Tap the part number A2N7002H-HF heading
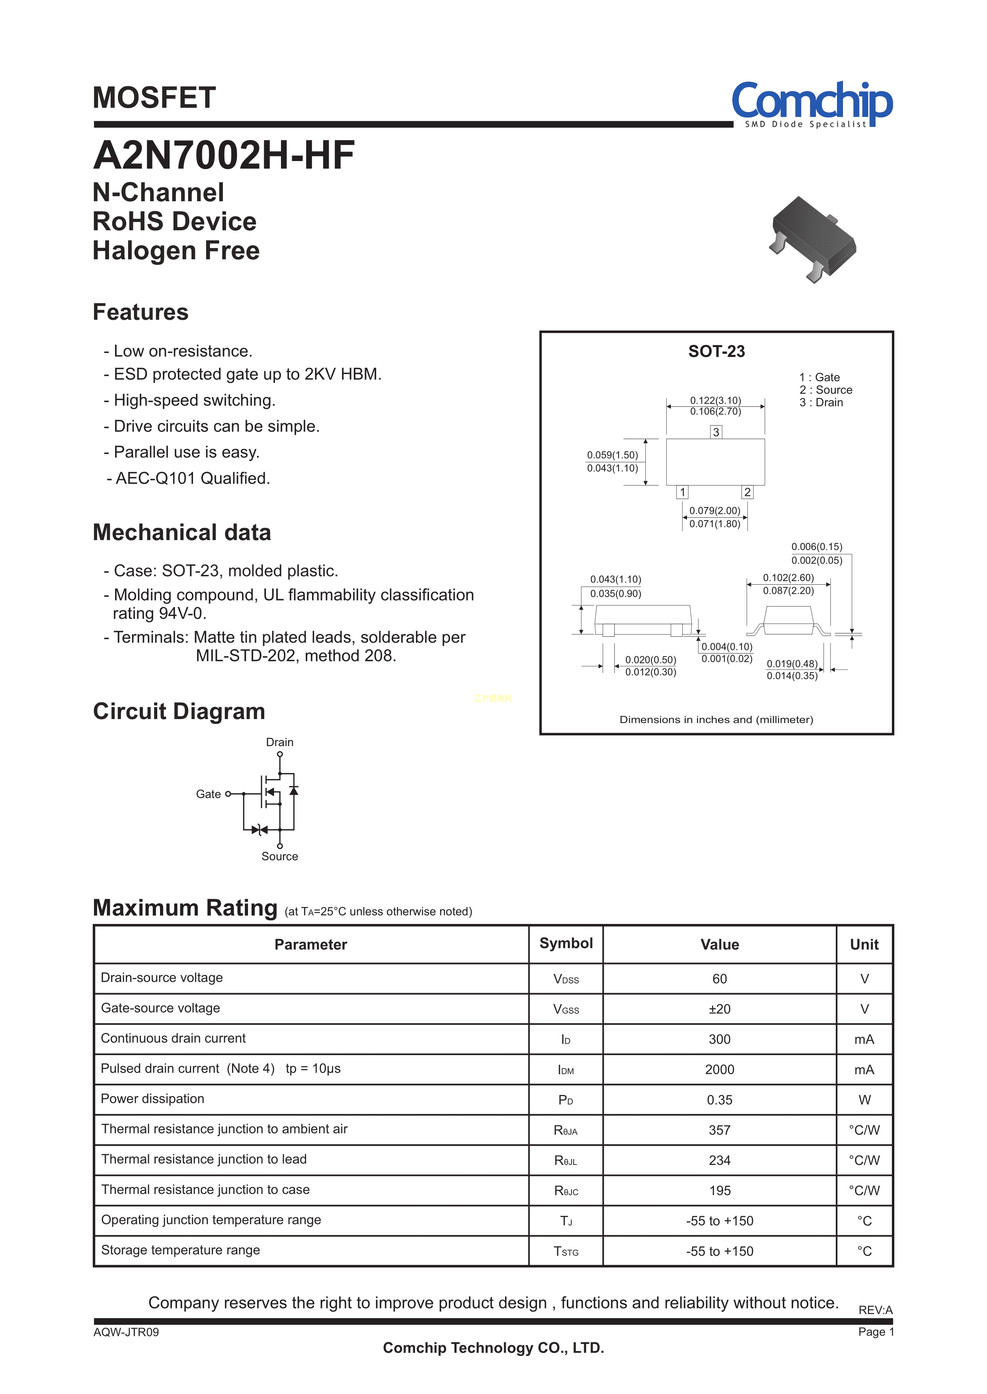click(x=224, y=156)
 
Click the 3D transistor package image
click(x=813, y=239)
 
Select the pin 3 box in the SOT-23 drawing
click(x=716, y=432)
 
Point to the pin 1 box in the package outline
click(x=683, y=492)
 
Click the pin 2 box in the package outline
click(x=747, y=492)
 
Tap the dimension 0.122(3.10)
click(x=715, y=400)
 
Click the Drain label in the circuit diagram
click(x=279, y=742)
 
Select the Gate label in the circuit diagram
click(x=208, y=794)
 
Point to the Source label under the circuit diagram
click(x=279, y=856)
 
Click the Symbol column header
click(x=566, y=943)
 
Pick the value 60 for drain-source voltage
click(x=719, y=978)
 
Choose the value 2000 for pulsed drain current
click(x=719, y=1069)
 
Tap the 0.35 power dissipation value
click(x=719, y=1100)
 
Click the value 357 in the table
click(x=719, y=1130)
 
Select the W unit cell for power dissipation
click(x=864, y=1100)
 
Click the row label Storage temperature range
click(x=181, y=1250)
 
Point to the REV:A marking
click(x=875, y=1310)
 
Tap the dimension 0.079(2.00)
click(x=715, y=511)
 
